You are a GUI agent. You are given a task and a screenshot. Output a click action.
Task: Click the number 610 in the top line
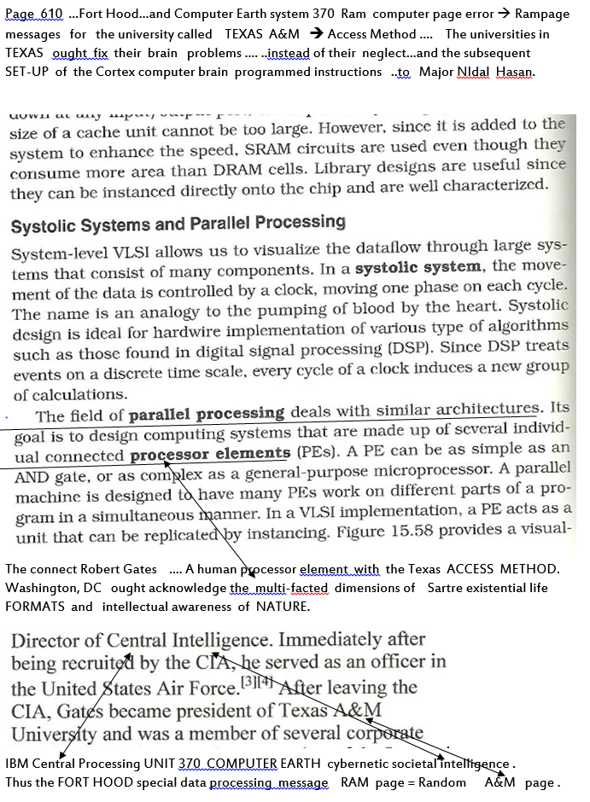click(51, 15)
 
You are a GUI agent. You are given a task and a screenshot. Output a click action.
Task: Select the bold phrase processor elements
click(210, 453)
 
